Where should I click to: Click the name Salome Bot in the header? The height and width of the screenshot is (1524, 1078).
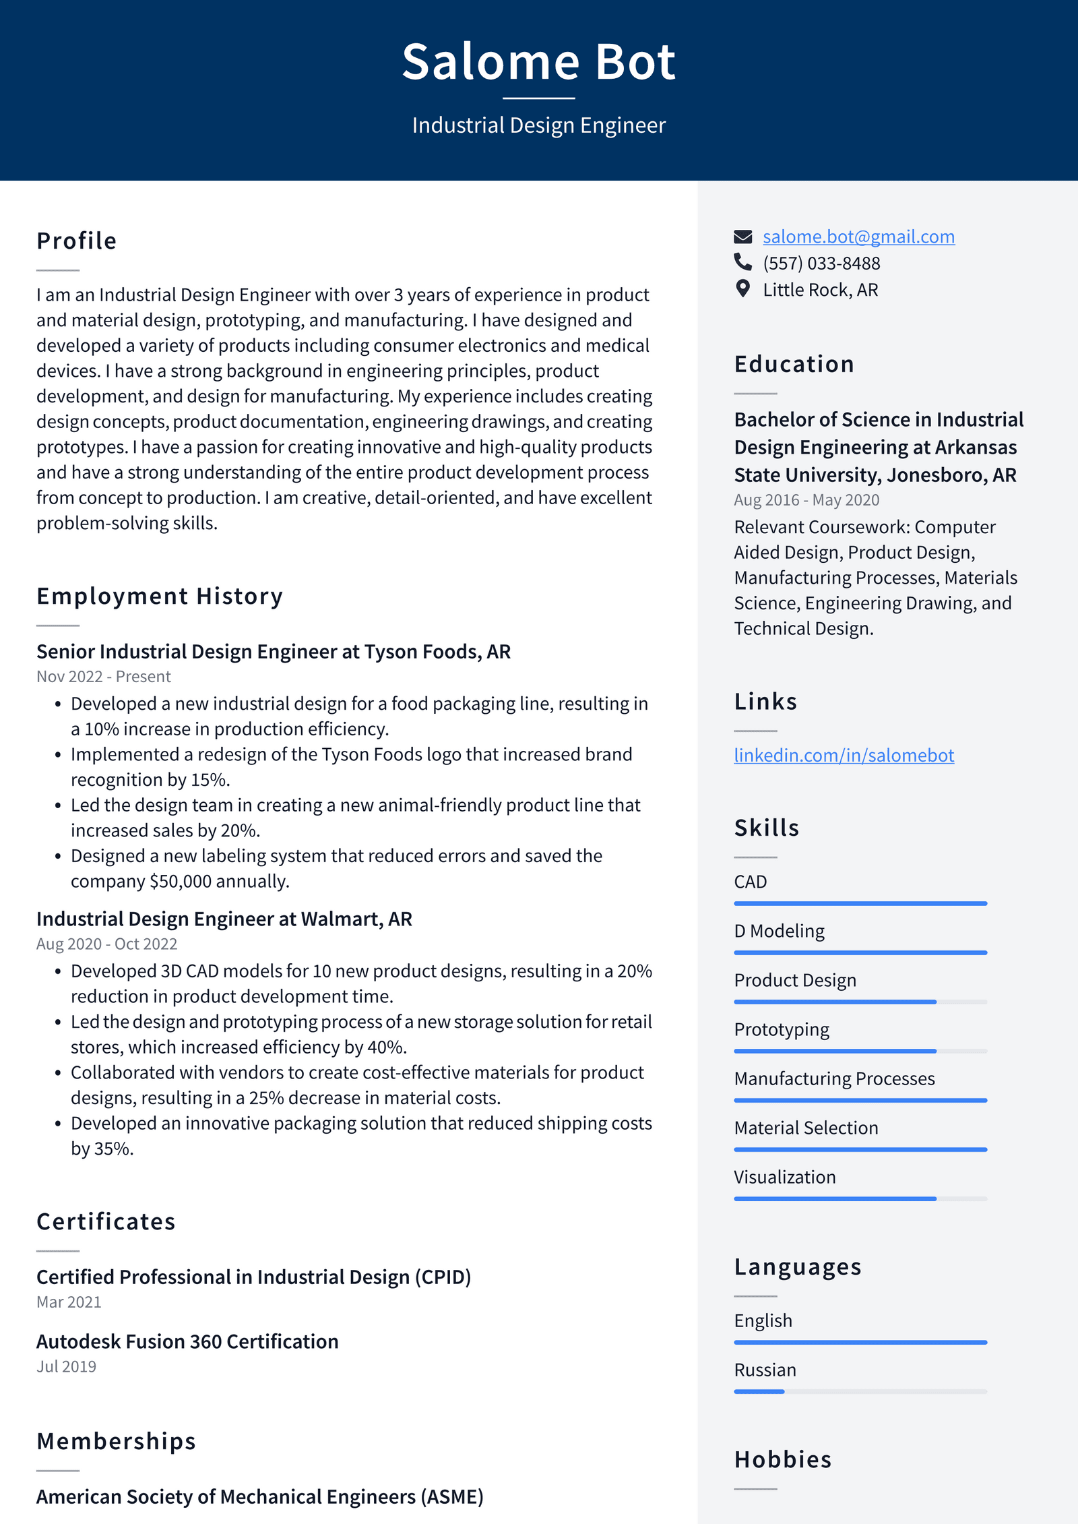[x=538, y=62]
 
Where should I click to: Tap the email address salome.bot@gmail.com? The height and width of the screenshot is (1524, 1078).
[x=858, y=237]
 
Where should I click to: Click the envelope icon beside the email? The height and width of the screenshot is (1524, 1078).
[x=742, y=237]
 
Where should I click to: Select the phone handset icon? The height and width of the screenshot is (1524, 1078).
[x=742, y=262]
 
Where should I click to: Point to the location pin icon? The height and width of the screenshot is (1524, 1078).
[x=742, y=289]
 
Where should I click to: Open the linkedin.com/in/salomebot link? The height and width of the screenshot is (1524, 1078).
[x=844, y=755]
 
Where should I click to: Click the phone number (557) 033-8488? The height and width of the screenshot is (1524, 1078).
[x=821, y=263]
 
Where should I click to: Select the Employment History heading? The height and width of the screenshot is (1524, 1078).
[x=160, y=596]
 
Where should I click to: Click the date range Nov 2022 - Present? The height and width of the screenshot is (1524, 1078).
[x=104, y=676]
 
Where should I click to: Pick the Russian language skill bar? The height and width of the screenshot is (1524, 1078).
[x=860, y=1391]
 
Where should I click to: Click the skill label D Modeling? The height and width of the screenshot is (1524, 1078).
[x=779, y=931]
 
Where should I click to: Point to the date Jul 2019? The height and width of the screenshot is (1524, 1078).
[x=66, y=1366]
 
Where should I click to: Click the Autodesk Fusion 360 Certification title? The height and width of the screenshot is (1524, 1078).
[x=187, y=1341]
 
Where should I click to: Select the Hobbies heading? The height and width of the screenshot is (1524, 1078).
[x=783, y=1459]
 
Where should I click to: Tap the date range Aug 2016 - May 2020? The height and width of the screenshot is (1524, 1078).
[x=806, y=500]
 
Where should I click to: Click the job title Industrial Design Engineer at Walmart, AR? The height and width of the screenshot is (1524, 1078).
[x=224, y=919]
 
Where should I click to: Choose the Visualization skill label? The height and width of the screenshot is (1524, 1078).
[x=785, y=1177]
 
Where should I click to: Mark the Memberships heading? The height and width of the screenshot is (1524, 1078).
[x=116, y=1441]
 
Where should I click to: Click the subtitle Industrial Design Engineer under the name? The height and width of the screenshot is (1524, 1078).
[x=538, y=125]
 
